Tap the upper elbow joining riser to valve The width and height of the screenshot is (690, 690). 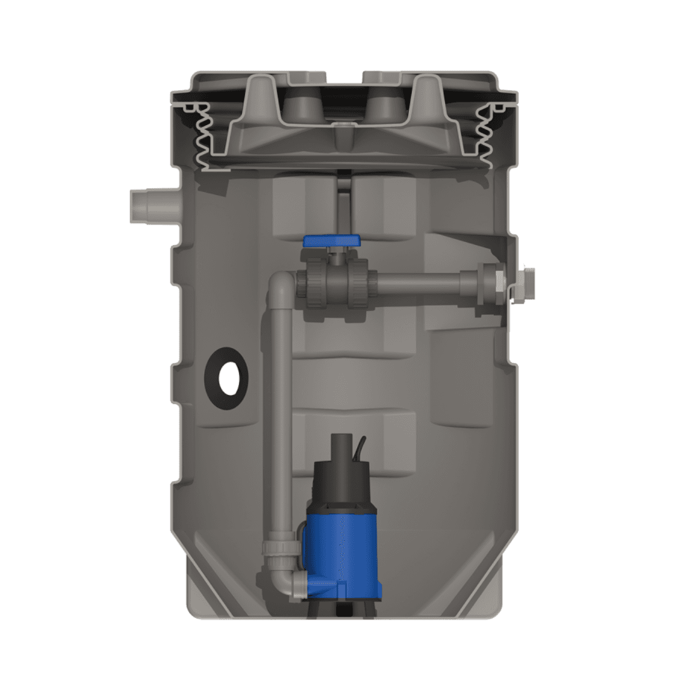[x=279, y=283]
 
